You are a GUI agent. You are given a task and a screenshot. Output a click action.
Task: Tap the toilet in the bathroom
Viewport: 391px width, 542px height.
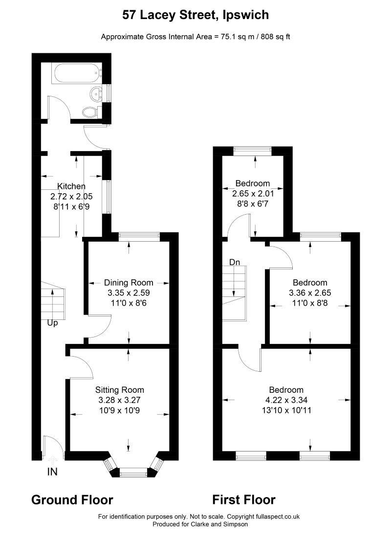pos(90,112)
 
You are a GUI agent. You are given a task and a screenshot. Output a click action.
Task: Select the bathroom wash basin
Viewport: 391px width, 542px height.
pos(96,92)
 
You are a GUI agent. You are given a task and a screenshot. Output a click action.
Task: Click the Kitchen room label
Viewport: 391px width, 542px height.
pos(71,186)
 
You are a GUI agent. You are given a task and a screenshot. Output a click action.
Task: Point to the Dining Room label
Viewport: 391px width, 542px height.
pos(129,283)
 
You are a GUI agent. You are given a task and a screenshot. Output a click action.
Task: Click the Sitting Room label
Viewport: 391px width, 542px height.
pos(120,390)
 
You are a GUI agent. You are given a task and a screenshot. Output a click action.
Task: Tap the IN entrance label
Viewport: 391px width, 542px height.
pos(52,472)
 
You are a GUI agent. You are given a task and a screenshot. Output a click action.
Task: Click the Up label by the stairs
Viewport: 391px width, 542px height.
pos(52,323)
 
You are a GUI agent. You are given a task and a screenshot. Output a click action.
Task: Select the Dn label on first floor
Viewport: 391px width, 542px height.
pos(235,262)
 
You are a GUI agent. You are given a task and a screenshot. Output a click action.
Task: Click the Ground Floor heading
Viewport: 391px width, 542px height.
pos(72,500)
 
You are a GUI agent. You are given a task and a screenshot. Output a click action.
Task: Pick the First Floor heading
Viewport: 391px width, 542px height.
pos(244,500)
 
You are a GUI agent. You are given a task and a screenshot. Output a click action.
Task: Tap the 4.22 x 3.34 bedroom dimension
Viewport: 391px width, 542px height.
pos(286,400)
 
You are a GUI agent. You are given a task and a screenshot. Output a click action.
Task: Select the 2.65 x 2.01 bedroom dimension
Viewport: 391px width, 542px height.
pos(253,193)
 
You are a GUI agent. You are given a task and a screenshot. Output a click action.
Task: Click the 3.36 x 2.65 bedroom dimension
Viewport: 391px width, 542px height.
pos(310,293)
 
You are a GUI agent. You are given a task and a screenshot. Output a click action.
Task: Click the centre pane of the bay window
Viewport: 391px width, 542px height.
pos(133,472)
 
